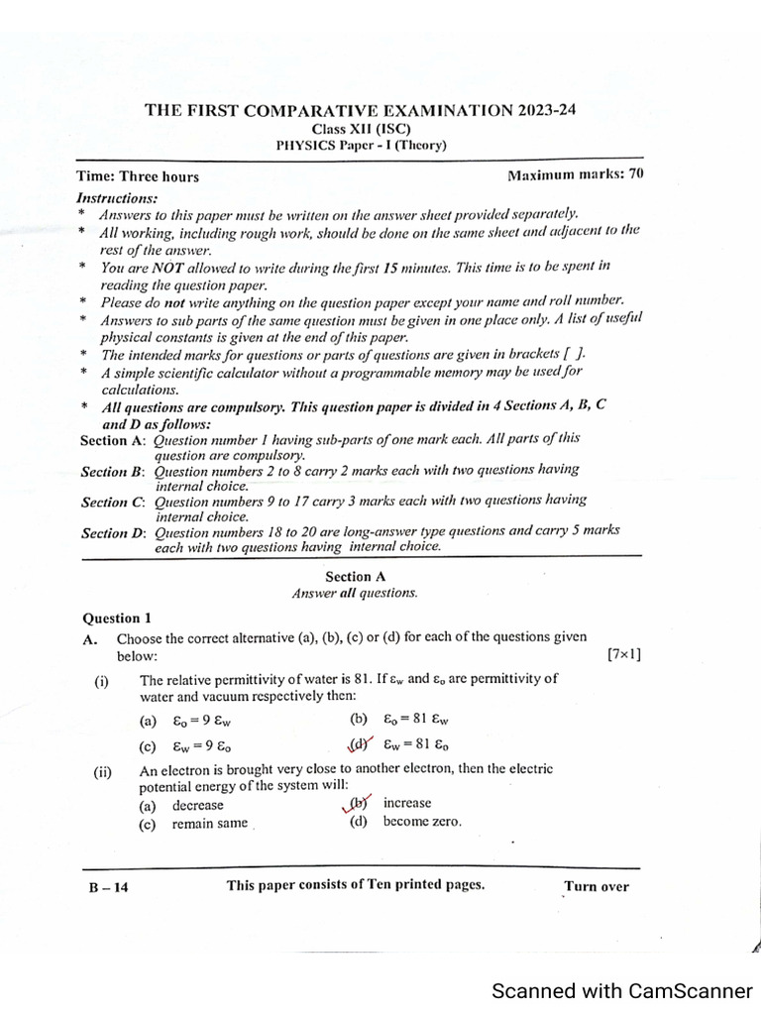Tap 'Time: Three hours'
[138, 177]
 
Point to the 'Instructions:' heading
[117, 197]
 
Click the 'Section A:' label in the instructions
[113, 440]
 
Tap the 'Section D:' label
[113, 533]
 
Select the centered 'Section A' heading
[355, 577]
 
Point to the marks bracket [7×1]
[623, 655]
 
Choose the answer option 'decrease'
[197, 806]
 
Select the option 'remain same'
[209, 824]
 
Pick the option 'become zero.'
[422, 822]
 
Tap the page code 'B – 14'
[108, 887]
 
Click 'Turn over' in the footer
[596, 886]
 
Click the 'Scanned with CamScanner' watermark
[622, 990]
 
